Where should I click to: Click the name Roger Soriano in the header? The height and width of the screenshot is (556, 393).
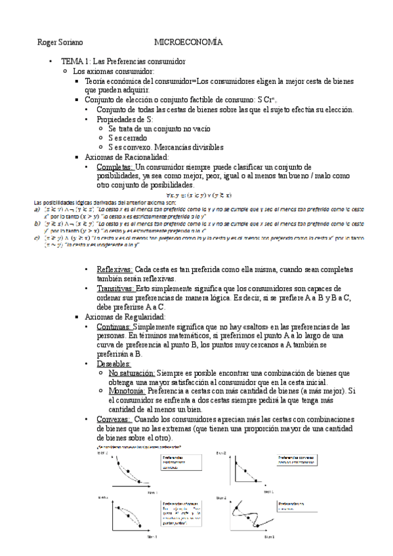click(x=60, y=42)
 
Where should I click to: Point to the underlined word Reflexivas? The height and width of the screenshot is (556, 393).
click(x=114, y=269)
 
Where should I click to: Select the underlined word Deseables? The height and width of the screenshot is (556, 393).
click(x=114, y=363)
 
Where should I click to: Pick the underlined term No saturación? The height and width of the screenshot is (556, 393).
click(x=129, y=372)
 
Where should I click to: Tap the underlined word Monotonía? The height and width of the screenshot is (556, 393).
click(x=126, y=391)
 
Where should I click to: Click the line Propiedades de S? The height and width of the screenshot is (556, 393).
click(x=123, y=119)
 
